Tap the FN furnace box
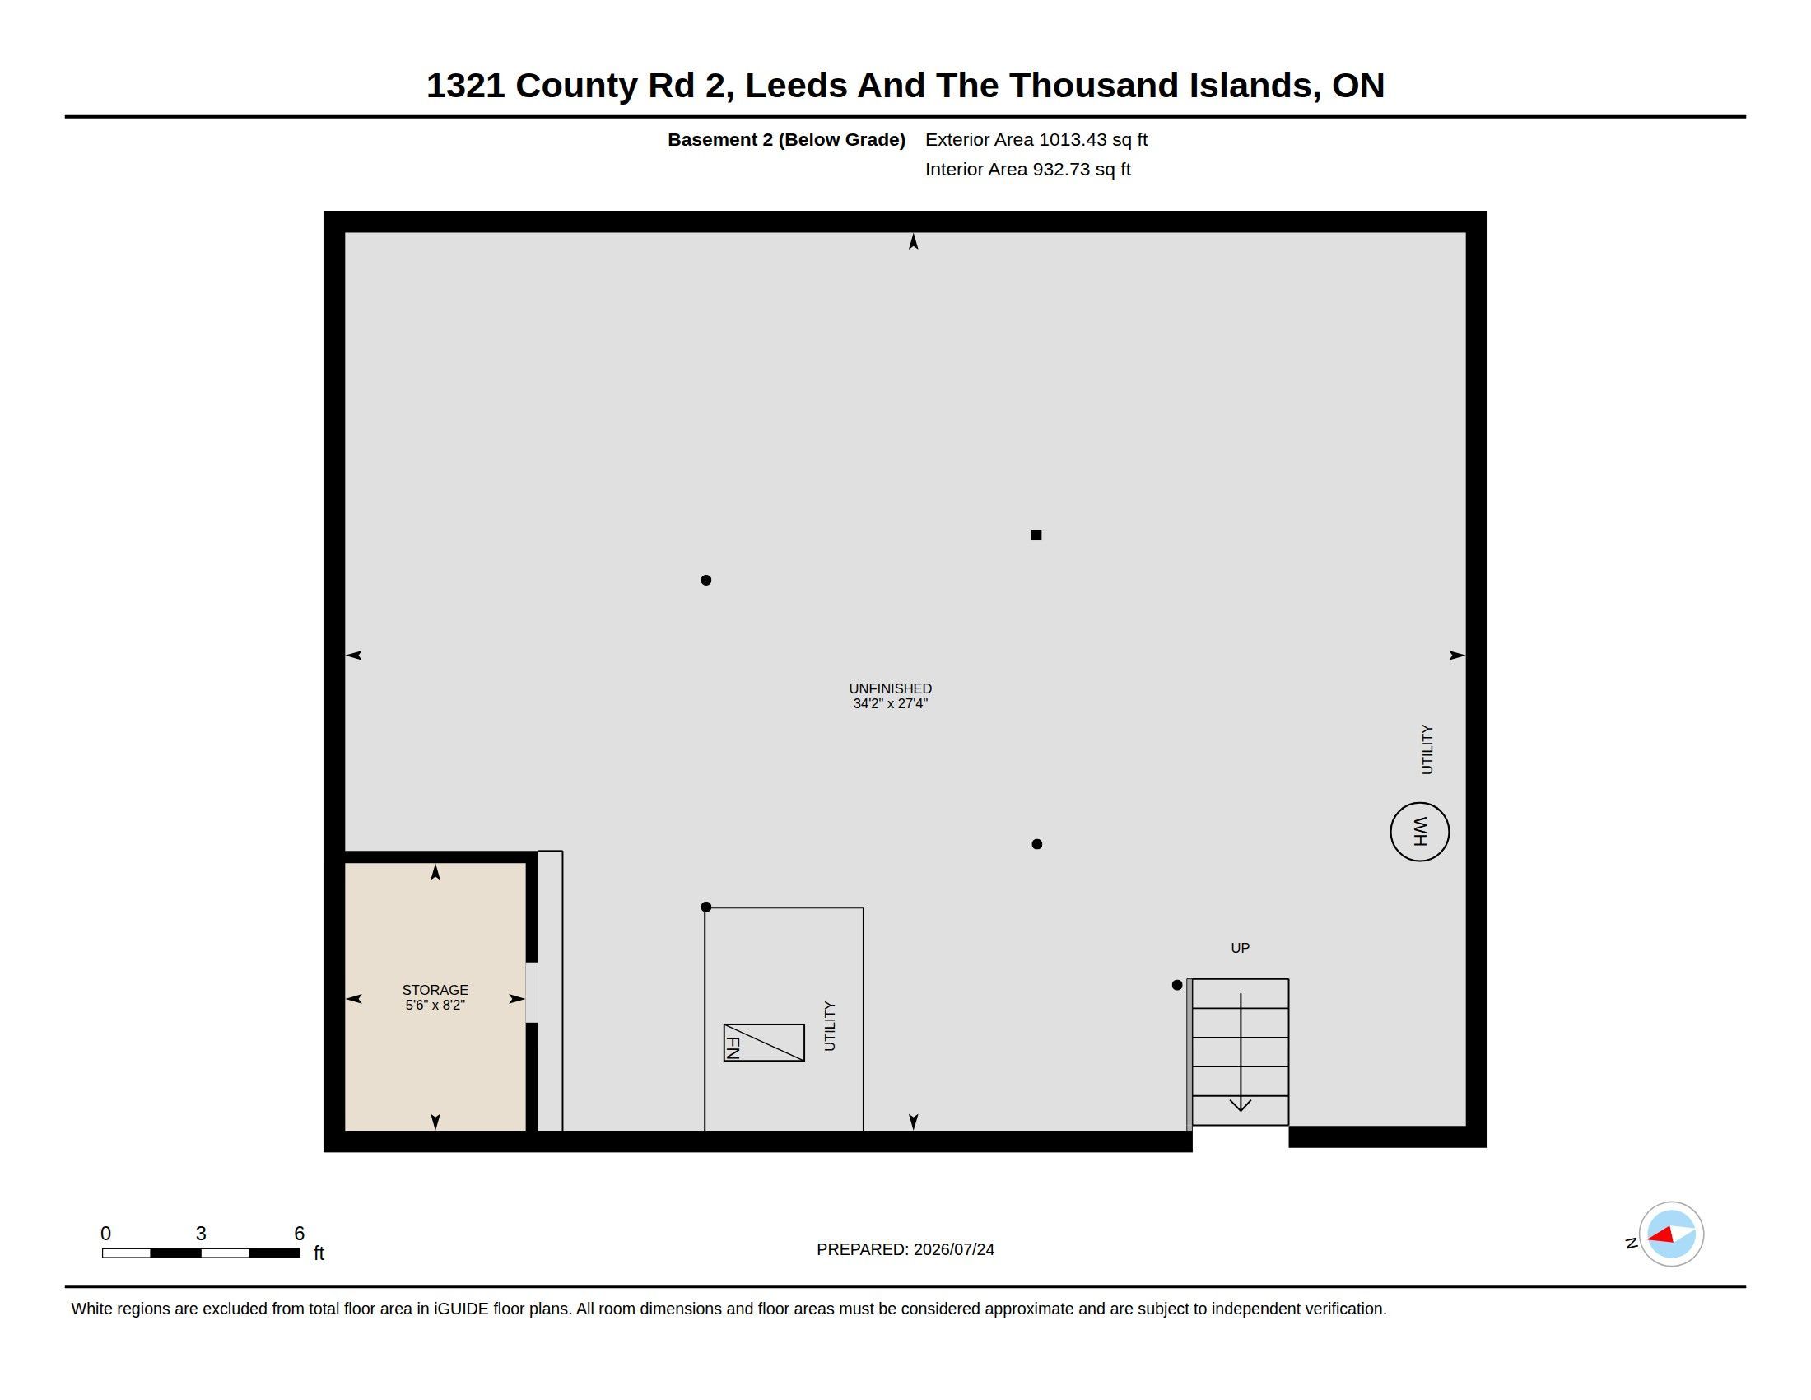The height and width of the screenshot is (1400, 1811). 764,1043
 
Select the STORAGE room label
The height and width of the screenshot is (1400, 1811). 435,989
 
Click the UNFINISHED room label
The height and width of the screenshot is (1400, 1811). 890,688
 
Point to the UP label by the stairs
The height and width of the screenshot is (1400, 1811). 1240,948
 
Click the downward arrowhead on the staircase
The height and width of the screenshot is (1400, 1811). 1240,1104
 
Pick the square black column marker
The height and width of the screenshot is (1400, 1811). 1036,535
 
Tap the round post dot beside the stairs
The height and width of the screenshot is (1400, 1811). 1176,985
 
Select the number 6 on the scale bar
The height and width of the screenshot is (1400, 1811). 300,1234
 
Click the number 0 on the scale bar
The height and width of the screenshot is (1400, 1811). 105,1234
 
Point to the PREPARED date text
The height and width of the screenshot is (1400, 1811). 905,1249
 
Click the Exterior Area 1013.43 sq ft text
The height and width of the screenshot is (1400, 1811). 1036,139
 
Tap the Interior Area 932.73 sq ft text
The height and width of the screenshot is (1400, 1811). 1027,169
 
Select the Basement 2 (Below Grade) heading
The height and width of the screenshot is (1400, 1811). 786,139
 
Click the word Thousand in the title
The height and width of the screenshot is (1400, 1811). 1094,86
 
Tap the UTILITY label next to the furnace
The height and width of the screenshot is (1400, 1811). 829,1026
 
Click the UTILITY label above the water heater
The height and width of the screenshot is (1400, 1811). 1427,749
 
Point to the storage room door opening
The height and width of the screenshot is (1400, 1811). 532,993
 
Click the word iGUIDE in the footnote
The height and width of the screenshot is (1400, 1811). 461,1309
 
